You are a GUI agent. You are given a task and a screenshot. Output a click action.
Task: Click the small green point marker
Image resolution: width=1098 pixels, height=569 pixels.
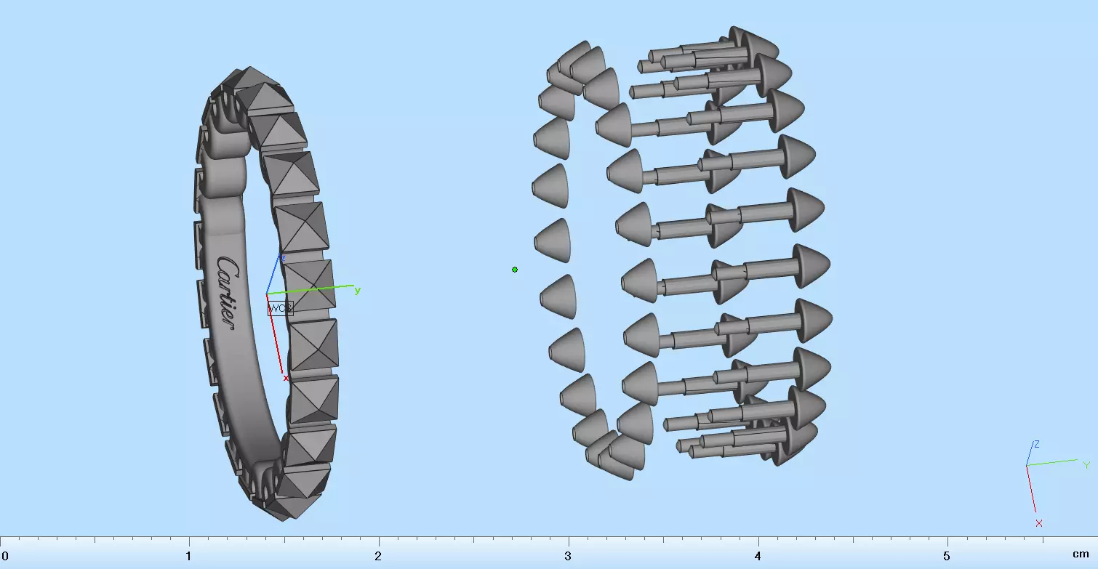coord(515,270)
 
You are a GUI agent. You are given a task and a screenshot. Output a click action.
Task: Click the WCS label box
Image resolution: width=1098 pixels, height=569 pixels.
coord(280,308)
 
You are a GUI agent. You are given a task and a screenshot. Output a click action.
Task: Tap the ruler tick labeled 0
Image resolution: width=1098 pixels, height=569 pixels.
coord(4,555)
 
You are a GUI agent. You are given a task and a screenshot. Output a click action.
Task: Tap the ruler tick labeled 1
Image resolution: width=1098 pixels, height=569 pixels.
coord(189,555)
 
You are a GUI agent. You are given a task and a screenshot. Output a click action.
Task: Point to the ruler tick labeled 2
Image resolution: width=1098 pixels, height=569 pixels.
coord(378,555)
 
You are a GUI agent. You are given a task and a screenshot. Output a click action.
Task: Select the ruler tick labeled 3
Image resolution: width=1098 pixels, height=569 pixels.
coord(568,555)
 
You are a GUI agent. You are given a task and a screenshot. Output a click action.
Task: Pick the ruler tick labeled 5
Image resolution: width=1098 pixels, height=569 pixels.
coord(947,555)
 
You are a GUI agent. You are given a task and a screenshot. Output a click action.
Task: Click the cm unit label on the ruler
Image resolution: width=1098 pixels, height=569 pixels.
coord(1081,554)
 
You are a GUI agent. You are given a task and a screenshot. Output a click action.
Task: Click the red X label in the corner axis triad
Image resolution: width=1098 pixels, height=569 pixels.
coord(1039,523)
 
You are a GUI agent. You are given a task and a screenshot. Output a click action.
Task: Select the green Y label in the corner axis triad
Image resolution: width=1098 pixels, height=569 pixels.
coord(1086,465)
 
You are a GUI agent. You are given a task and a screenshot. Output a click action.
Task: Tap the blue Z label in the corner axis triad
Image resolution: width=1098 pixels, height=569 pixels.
coord(1036,444)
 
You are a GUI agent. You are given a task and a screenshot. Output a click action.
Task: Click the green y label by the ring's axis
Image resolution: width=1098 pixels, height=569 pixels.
coord(358,291)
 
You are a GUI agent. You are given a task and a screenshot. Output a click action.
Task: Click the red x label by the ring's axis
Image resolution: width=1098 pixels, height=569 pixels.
coord(286,378)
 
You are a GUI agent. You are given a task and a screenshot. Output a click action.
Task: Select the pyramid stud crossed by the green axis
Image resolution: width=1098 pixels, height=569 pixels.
coord(308,284)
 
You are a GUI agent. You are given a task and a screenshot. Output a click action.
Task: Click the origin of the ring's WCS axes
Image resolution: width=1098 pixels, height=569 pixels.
coord(267,294)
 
